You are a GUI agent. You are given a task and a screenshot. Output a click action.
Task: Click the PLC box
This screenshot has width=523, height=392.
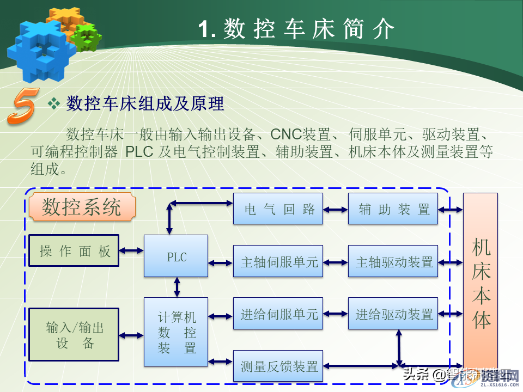pyautogui.click(x=176, y=256)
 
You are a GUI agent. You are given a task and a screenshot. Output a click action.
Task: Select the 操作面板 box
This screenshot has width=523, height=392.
pyautogui.click(x=74, y=250)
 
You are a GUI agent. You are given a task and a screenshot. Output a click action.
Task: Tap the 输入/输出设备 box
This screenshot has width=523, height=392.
pyautogui.click(x=74, y=334)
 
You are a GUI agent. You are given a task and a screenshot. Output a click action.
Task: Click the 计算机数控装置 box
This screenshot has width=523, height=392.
pyautogui.click(x=176, y=332)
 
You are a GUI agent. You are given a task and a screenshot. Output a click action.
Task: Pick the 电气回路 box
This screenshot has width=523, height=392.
pyautogui.click(x=278, y=209)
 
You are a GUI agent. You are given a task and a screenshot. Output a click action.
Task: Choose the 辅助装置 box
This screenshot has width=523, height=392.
pyautogui.click(x=393, y=209)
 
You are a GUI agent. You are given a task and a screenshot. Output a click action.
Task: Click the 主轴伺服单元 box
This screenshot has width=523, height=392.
pyautogui.click(x=278, y=261)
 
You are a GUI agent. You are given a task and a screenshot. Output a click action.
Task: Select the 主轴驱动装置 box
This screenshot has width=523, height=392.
pyautogui.click(x=393, y=261)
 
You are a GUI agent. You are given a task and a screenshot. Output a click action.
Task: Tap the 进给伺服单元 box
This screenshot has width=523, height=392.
pyautogui.click(x=278, y=314)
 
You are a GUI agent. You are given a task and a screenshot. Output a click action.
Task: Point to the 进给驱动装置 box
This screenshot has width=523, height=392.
pyautogui.click(x=393, y=314)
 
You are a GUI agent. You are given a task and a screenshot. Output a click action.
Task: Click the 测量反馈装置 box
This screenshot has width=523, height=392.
pyautogui.click(x=278, y=366)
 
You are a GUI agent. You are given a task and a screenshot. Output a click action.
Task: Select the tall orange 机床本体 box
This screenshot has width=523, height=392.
pyautogui.click(x=481, y=283)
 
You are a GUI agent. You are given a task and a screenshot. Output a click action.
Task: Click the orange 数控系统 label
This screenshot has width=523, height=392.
pyautogui.click(x=82, y=207)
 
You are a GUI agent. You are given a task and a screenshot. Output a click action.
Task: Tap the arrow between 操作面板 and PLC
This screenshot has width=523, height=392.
pyautogui.click(x=131, y=250)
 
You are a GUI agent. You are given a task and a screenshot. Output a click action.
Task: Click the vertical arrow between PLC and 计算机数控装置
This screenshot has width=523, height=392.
pyautogui.click(x=177, y=287)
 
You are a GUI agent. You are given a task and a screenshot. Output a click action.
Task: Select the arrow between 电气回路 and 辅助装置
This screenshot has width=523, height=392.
pyautogui.click(x=336, y=209)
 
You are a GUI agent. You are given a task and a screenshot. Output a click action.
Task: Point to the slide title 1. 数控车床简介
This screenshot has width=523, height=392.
pyautogui.click(x=295, y=28)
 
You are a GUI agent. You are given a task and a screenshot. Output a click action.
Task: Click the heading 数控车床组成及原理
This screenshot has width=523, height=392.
pyautogui.click(x=145, y=103)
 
